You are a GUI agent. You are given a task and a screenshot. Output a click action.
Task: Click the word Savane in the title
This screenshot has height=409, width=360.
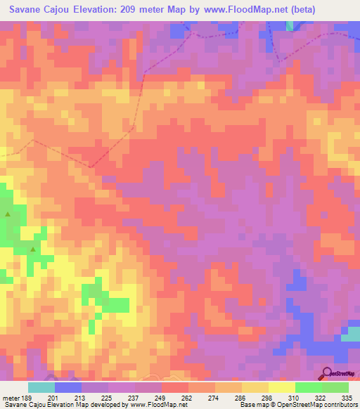26,10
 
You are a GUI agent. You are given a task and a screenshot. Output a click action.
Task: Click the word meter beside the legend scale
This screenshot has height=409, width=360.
11,397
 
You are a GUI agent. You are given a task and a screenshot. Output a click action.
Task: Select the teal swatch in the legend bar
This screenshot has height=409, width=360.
41,387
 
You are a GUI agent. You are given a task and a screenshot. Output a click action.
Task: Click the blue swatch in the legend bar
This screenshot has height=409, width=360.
68,387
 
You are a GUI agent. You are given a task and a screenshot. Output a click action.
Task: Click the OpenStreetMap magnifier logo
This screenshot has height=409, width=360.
328,374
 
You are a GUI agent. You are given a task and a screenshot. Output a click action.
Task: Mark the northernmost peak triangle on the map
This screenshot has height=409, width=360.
8,214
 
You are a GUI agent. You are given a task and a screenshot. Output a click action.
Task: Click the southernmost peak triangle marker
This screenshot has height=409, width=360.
33,249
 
